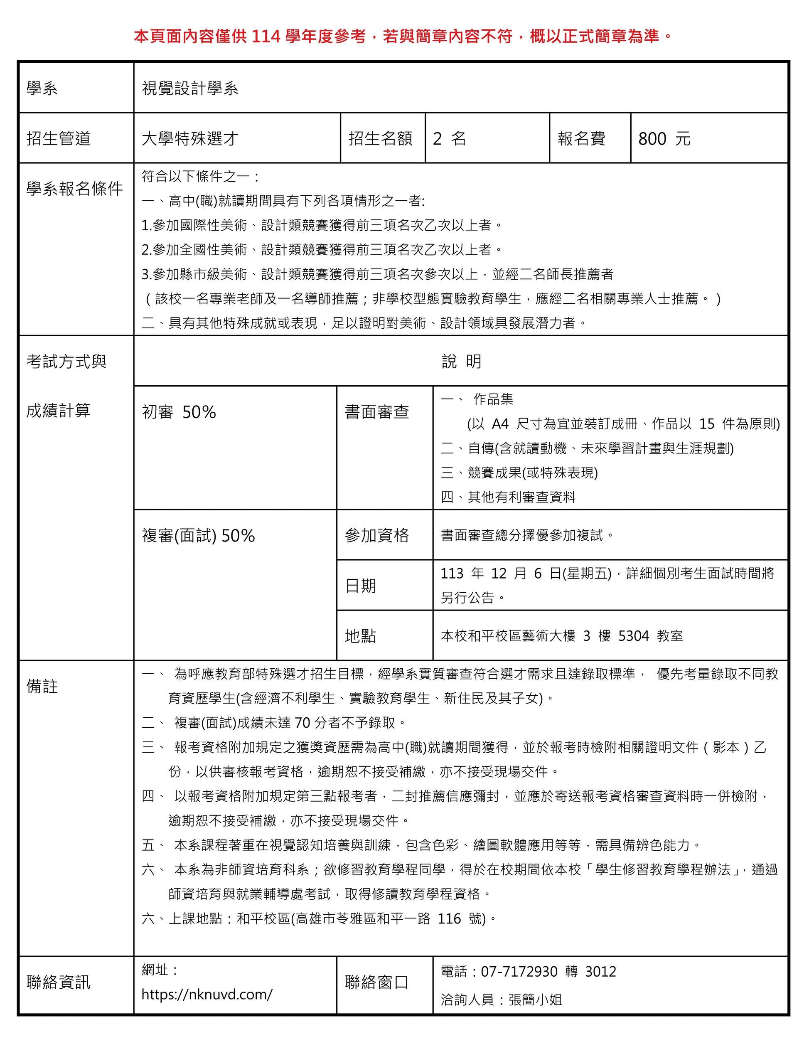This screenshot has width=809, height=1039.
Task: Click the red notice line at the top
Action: coord(403,36)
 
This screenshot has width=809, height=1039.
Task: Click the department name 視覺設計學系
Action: coord(190,89)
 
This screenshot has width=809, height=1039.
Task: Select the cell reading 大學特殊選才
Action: coord(190,139)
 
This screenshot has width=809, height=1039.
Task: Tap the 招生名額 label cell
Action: coord(381,139)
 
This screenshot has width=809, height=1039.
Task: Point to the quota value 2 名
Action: coord(450,139)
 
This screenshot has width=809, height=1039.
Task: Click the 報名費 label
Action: coord(581,139)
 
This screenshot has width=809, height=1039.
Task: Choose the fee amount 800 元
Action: coord(664,139)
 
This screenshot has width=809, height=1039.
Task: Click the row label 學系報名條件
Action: coord(75,189)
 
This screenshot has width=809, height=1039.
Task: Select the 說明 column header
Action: coord(461,362)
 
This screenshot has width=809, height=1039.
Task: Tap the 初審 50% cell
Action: coord(179,412)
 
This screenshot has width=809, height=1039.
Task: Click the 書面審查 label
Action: coord(377,412)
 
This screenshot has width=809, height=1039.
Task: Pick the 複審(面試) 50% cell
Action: coord(198,536)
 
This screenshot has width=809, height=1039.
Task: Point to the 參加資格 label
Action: coord(377,536)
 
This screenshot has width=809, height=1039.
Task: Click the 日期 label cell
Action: coord(361,586)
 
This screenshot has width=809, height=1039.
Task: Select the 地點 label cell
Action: coord(361,636)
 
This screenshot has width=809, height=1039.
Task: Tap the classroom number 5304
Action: coord(634,636)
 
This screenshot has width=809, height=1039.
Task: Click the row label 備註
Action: coord(42,687)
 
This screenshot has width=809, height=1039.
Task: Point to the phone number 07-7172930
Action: coord(519,971)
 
